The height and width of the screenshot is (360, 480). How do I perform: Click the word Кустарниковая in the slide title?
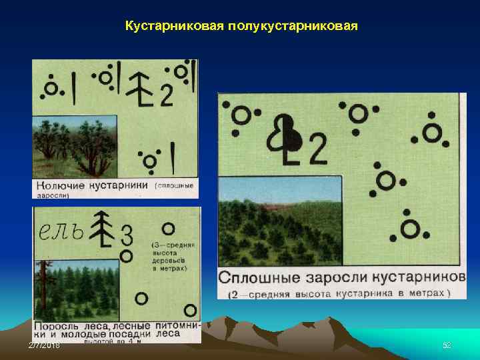click(x=175, y=27)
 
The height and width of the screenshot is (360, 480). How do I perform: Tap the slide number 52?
click(x=447, y=345)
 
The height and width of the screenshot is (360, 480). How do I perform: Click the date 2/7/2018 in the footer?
click(x=44, y=345)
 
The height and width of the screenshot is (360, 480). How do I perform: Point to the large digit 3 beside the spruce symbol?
click(x=127, y=235)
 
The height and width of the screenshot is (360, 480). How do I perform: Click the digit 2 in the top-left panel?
click(x=166, y=97)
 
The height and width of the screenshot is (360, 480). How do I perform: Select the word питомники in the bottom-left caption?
click(x=177, y=325)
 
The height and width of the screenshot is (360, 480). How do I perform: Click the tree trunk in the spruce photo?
click(x=44, y=287)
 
